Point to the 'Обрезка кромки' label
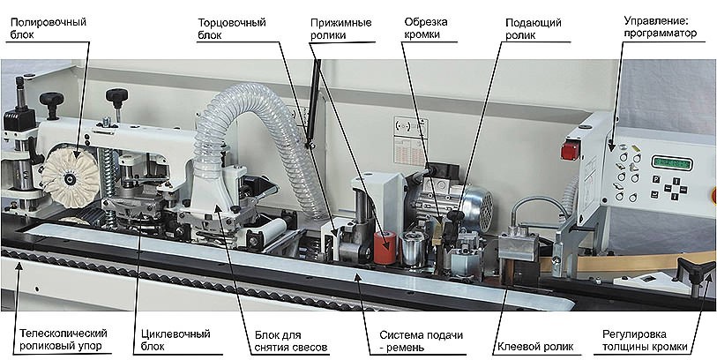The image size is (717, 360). [x=429, y=26]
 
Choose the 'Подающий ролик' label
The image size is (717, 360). [x=532, y=26]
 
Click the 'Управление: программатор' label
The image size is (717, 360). [x=660, y=26]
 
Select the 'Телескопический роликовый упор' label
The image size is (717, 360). [x=61, y=340]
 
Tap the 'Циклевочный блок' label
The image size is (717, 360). [x=176, y=340]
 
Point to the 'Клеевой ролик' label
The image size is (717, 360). [x=534, y=346]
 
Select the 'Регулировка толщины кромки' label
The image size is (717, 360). [x=651, y=340]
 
